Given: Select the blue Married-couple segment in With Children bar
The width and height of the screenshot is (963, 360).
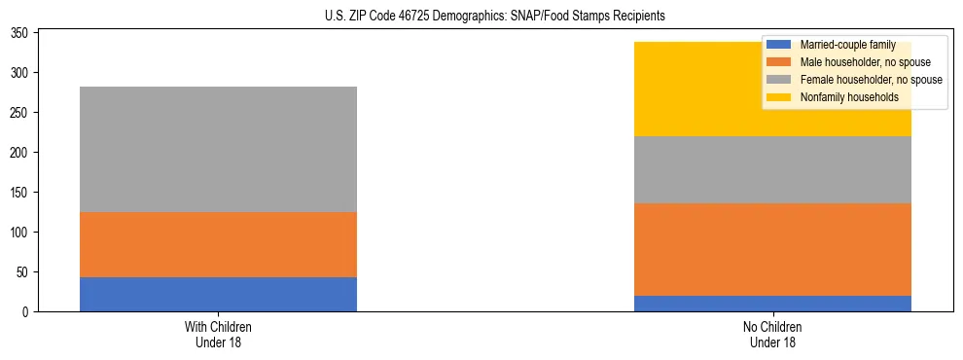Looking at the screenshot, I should [218, 294].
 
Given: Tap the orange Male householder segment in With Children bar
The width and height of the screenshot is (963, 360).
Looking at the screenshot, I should [218, 244].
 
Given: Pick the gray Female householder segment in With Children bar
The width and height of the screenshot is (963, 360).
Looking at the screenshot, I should [218, 149].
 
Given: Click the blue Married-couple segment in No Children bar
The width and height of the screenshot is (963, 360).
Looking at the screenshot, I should [772, 303].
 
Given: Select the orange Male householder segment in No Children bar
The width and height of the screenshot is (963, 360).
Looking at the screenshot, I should [772, 249].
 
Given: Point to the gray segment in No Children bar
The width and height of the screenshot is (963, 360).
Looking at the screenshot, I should [772, 169].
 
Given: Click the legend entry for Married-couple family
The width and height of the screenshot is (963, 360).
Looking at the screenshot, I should [841, 45].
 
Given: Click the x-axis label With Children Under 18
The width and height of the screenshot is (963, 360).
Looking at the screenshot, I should [218, 334].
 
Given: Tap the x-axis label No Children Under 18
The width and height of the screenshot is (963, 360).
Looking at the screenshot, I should [772, 334].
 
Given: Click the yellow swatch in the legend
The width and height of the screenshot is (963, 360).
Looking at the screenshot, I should [779, 97].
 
